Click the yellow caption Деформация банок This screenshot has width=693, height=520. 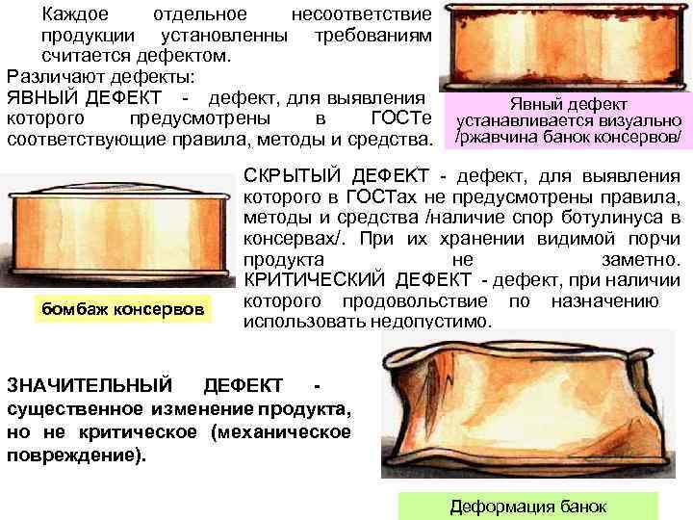click(528, 507)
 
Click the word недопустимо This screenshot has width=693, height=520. click(436, 322)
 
